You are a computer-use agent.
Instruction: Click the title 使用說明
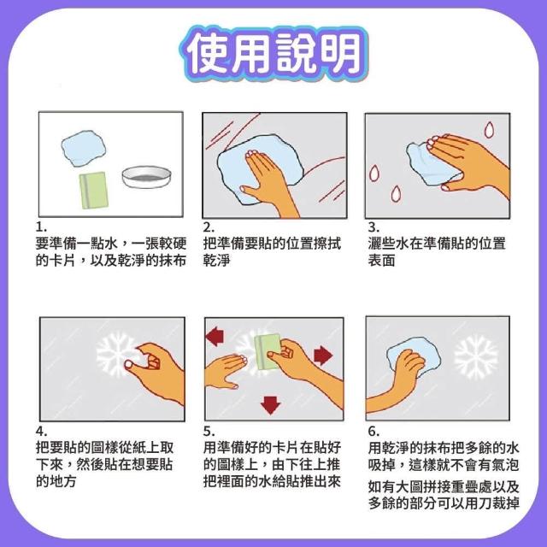(273, 54)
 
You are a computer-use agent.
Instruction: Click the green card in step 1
(93, 190)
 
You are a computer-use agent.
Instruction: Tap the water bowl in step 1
(147, 177)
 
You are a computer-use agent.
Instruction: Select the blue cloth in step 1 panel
(84, 148)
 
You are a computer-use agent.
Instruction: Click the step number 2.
(209, 227)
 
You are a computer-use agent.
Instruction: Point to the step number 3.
(373, 227)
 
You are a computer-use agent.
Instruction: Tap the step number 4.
(41, 432)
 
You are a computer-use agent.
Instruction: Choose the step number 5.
(209, 432)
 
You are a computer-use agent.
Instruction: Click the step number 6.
(373, 432)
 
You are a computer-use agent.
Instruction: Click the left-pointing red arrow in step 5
(215, 336)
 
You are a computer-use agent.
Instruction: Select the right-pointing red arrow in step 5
(323, 356)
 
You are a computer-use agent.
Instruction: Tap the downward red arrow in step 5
(270, 405)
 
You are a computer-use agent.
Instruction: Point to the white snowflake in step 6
(476, 357)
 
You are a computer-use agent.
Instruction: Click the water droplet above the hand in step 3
(489, 129)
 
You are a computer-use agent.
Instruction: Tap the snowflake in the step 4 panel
(115, 354)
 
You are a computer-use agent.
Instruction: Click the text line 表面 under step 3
(381, 260)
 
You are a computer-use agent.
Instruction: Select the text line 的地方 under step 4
(56, 481)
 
